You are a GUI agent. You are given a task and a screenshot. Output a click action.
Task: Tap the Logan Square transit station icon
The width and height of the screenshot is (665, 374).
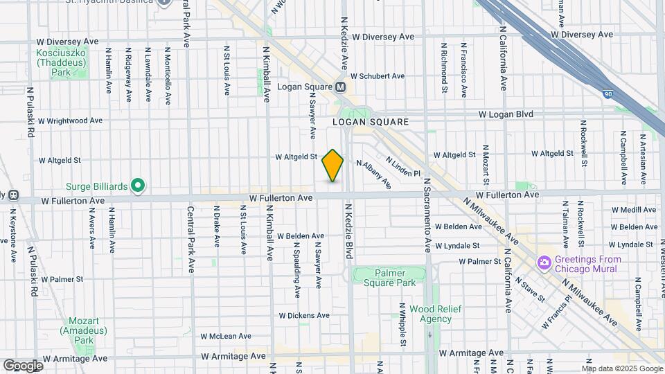[340, 87]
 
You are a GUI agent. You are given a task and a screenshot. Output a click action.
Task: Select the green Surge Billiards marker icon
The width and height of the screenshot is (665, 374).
[138, 185]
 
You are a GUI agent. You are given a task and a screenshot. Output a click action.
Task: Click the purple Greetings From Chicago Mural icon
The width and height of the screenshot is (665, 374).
[544, 262]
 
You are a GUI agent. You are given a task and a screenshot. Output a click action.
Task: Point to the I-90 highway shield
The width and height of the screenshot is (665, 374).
[608, 93]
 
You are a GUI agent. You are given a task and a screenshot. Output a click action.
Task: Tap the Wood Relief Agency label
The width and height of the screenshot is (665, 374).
[430, 313]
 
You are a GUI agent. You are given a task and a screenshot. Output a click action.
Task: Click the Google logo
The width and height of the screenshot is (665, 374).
[22, 366]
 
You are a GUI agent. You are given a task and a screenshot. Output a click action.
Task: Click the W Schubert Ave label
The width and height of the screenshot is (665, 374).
[378, 76]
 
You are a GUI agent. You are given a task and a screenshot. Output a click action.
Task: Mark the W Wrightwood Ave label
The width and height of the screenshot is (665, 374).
[70, 120]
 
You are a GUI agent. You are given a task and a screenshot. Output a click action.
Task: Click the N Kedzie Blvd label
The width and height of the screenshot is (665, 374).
[349, 232]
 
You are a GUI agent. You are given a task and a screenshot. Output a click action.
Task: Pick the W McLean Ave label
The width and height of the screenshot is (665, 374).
[226, 336]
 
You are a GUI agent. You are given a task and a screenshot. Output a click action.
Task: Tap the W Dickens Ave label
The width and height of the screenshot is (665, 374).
[304, 315]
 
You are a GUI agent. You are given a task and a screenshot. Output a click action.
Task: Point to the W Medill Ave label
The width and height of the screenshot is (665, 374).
[634, 209]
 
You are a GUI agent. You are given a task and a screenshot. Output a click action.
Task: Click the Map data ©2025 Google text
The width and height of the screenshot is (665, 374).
[621, 368]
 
